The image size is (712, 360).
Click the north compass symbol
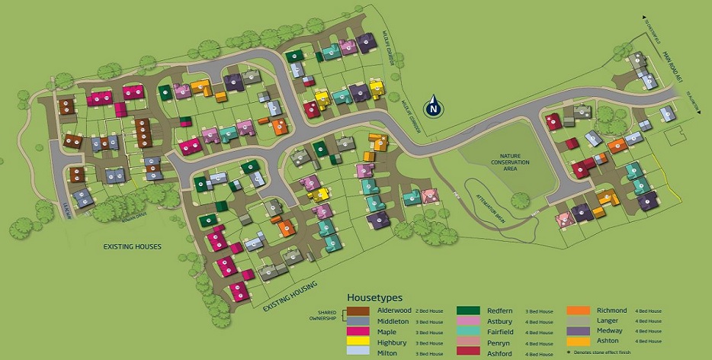click(x=435, y=107)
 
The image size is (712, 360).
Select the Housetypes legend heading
click(x=375, y=297)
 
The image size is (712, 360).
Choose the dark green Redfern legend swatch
click(x=468, y=311)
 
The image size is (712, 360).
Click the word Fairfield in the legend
click(x=499, y=331)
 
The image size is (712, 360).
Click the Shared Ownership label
click(x=327, y=314)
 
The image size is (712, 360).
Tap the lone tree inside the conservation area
click(x=521, y=201)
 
